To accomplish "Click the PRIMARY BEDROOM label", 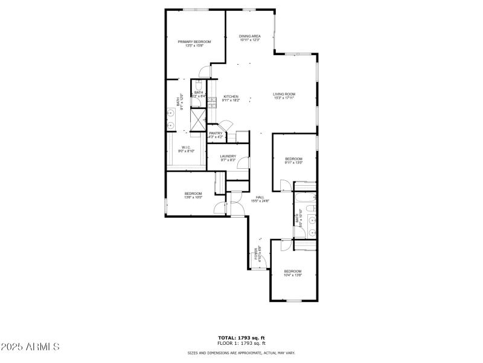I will (x=194, y=41).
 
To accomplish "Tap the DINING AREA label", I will (x=249, y=36).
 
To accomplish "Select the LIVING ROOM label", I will (x=284, y=94).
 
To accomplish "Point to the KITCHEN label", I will (x=231, y=97).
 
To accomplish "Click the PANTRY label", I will (x=216, y=133).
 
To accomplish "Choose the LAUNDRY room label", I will (x=228, y=156).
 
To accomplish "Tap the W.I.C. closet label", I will (x=186, y=147).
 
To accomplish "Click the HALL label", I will (x=260, y=197).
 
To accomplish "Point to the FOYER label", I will (x=257, y=252).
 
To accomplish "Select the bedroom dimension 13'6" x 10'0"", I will (x=193, y=197).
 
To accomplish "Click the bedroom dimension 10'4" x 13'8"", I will (x=292, y=275).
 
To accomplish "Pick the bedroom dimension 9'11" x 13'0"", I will (x=293, y=162).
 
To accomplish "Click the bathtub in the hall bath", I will (x=305, y=198).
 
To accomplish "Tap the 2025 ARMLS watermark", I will (x=30, y=347).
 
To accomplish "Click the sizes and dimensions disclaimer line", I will (x=241, y=352).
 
